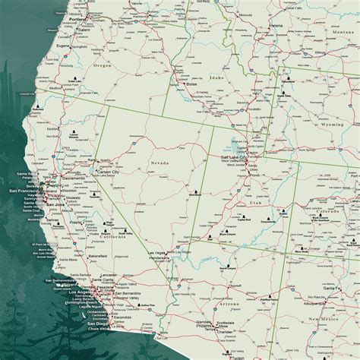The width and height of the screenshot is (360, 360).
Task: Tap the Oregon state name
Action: point(103,65)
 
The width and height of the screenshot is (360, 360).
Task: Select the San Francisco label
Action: point(24,191)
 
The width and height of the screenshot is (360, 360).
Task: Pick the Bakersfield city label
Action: point(90,257)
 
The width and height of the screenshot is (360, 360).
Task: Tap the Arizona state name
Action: point(229,302)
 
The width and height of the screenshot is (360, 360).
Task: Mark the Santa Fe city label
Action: point(332,288)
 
